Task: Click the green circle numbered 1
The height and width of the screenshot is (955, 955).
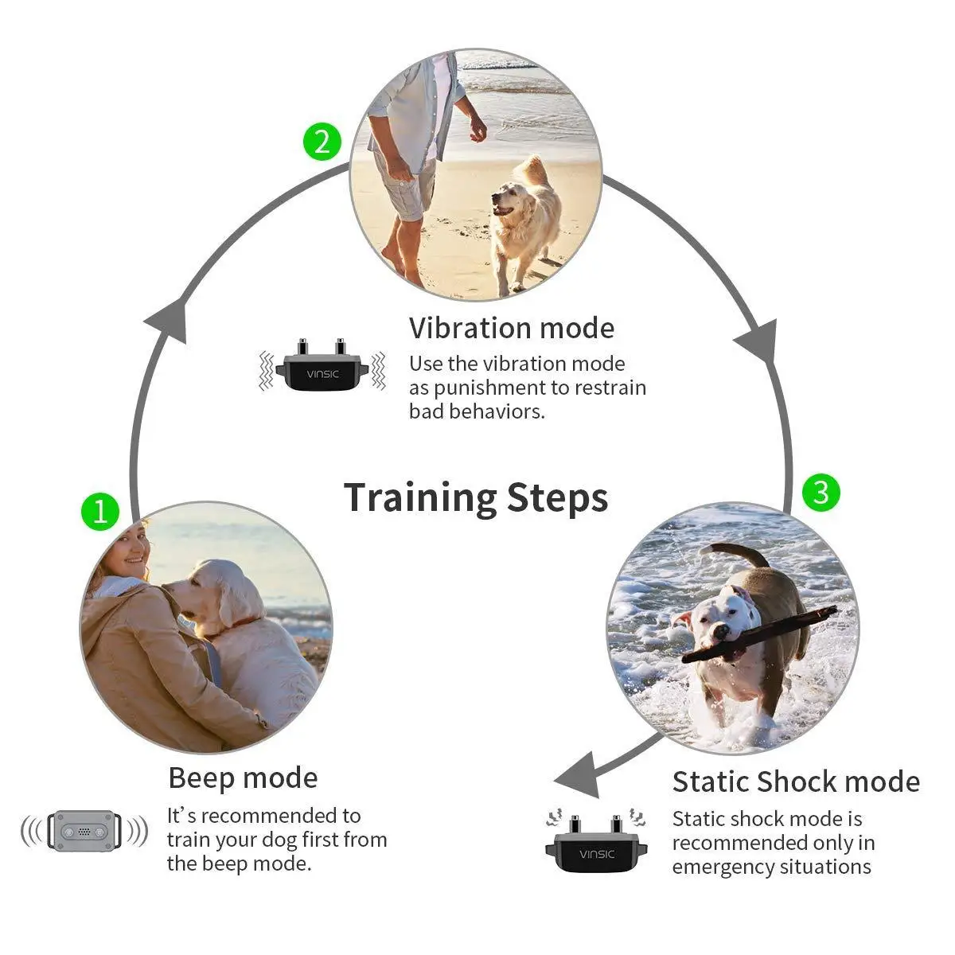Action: pos(100,511)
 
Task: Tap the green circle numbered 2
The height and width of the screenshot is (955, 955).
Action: pos(322,142)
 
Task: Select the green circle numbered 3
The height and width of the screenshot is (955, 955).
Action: pos(821,493)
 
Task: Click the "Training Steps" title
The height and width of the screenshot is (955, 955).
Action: pos(476,498)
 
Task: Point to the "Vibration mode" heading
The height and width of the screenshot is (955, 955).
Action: pos(511,328)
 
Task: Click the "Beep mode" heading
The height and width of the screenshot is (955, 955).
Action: pos(243,778)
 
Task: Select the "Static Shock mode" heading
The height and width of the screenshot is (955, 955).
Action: pos(796,782)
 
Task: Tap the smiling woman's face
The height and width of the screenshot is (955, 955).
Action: pos(133,550)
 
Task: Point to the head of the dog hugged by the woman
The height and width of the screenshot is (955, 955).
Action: pos(206,588)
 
